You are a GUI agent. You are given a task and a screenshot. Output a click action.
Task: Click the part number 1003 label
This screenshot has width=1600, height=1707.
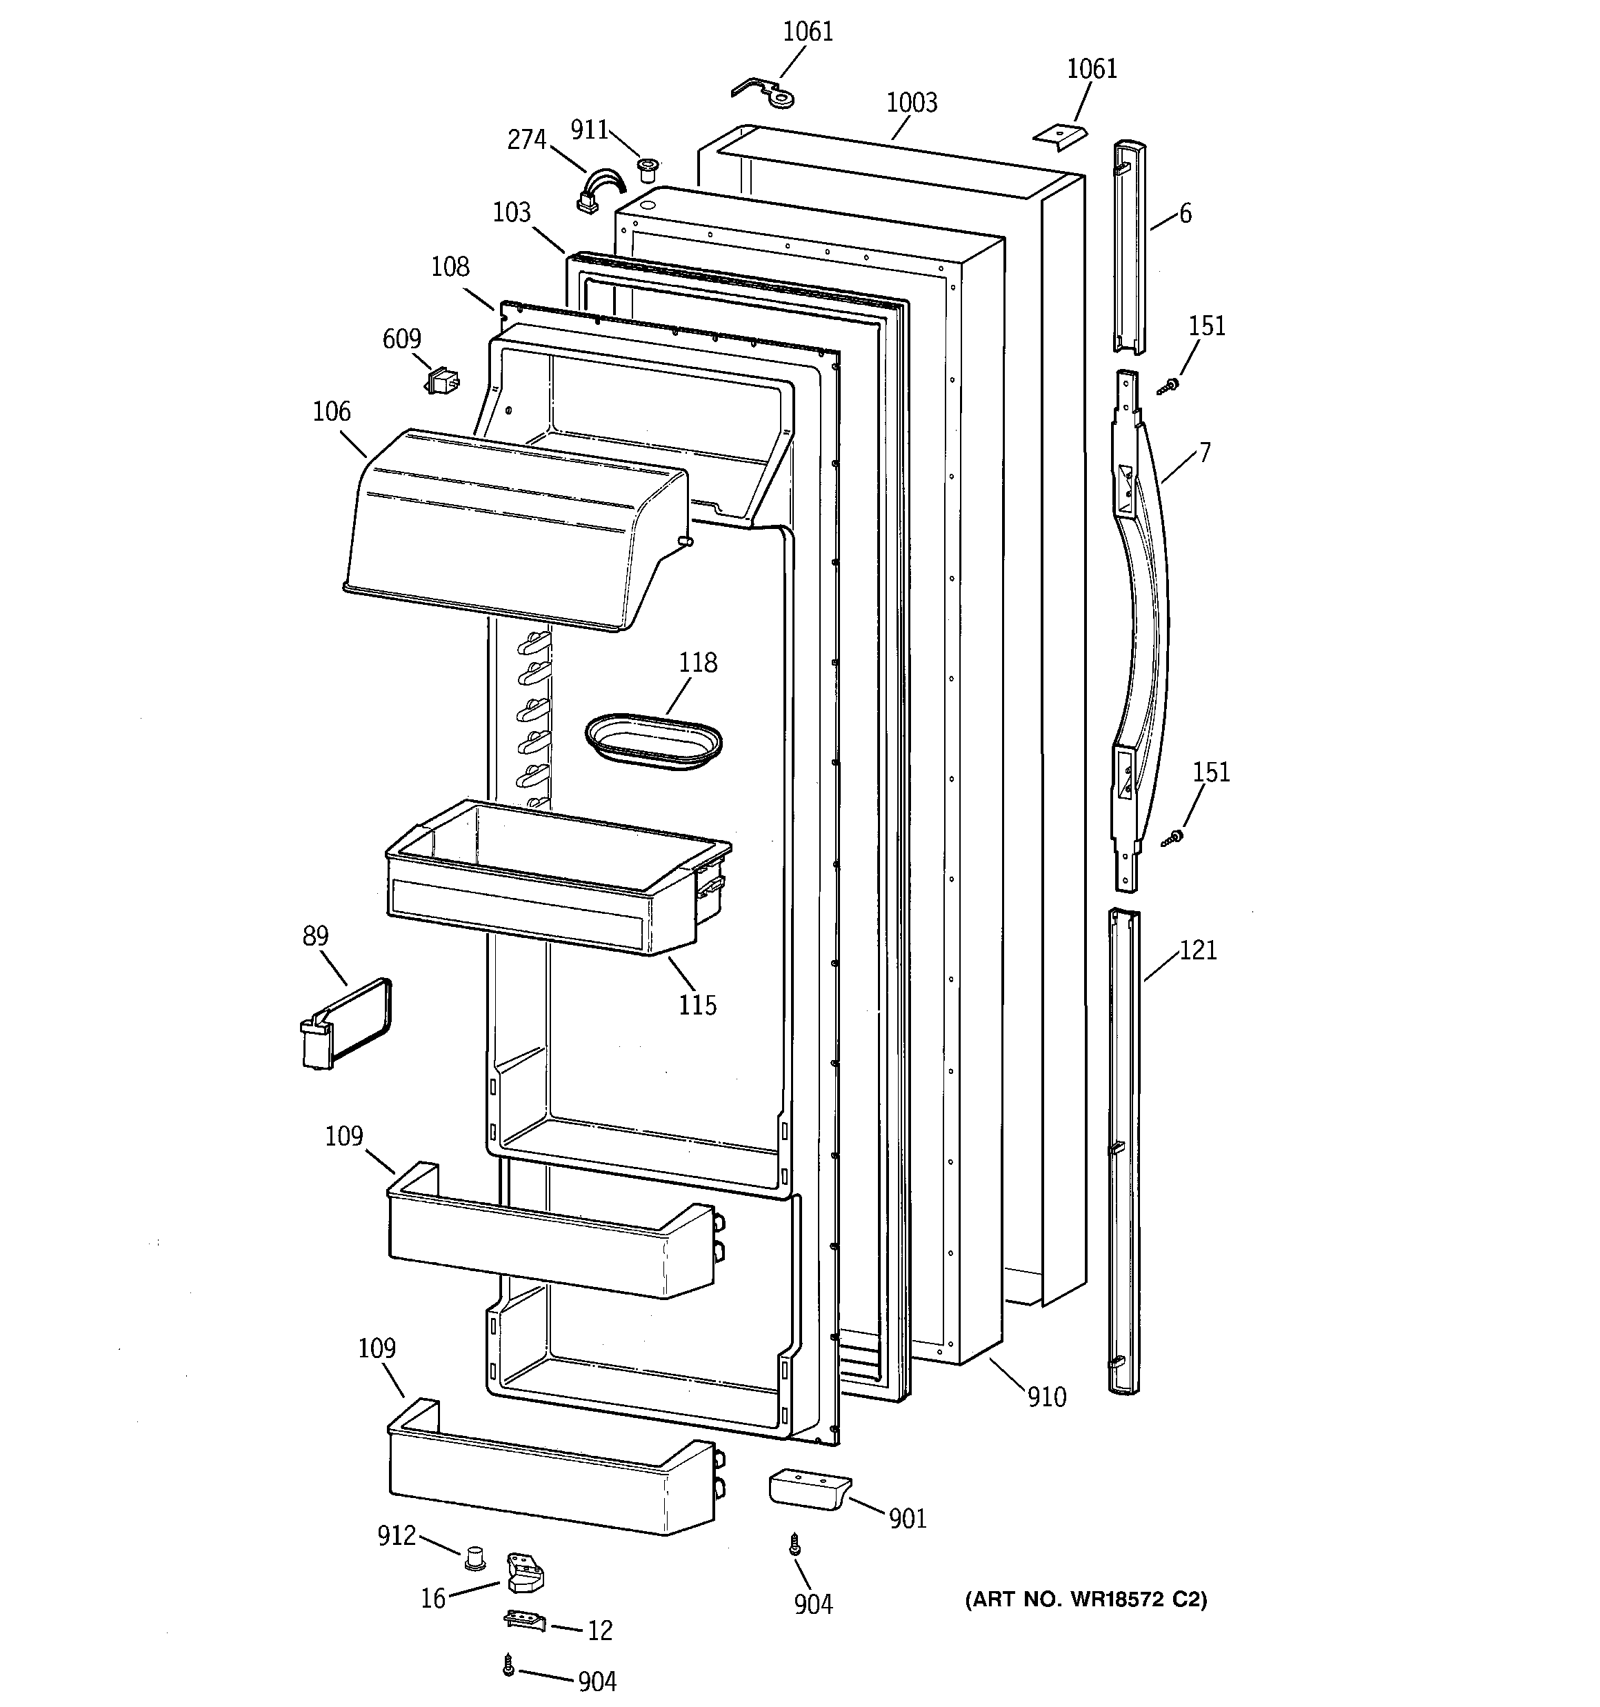(911, 103)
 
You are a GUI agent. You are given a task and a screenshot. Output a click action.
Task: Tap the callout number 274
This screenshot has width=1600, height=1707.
(526, 139)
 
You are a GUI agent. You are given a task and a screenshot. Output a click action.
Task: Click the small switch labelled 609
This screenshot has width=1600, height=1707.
(442, 381)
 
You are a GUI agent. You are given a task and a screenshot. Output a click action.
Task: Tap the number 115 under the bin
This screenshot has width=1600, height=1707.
(697, 1005)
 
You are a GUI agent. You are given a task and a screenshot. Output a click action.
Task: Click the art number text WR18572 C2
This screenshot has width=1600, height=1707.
(1086, 1599)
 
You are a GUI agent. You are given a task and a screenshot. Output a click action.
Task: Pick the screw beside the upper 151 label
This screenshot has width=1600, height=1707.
(1166, 387)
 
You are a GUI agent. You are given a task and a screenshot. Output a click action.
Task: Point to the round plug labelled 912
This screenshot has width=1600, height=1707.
(474, 1557)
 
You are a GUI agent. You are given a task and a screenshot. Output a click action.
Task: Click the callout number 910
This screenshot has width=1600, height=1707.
(1047, 1397)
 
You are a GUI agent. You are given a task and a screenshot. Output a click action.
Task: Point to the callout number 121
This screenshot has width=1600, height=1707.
(1198, 950)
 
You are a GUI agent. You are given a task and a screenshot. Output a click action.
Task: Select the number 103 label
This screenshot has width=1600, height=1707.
(512, 212)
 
